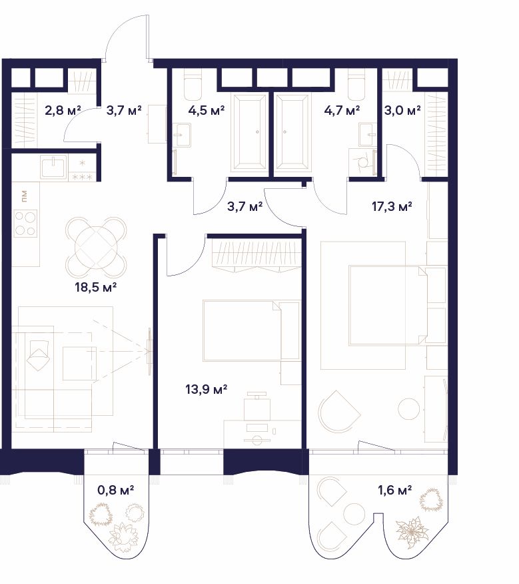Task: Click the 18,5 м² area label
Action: (96, 287)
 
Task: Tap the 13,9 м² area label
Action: (207, 390)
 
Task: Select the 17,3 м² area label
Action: (392, 206)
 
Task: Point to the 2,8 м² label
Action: (63, 110)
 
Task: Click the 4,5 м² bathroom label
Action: (207, 110)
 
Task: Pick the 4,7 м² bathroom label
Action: (342, 110)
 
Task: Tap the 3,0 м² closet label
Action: (402, 110)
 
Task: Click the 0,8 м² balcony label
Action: (116, 490)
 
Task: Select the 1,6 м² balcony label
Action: (395, 490)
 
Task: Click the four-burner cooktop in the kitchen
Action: (26, 223)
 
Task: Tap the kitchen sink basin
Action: (54, 166)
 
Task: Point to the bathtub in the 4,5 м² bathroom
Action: (249, 133)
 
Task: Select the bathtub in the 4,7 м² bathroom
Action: (292, 133)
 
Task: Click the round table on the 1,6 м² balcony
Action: (354, 514)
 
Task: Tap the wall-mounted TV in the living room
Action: (149, 351)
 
